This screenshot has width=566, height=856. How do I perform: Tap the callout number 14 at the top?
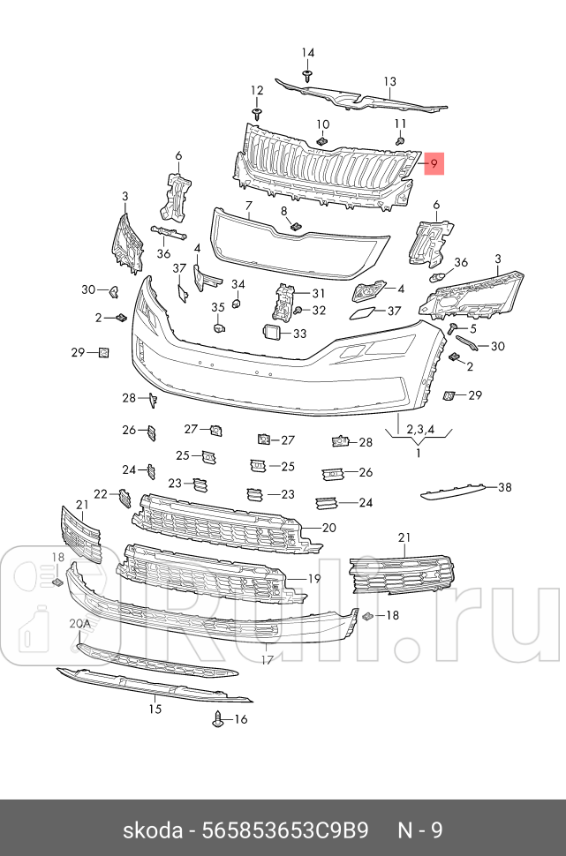pyautogui.click(x=308, y=52)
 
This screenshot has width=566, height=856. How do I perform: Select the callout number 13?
pyautogui.click(x=389, y=82)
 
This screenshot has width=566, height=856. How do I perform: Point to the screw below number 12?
pyautogui.click(x=257, y=114)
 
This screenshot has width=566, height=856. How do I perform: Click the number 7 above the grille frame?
pyautogui.click(x=249, y=204)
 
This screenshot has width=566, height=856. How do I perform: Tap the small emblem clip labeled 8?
pyautogui.click(x=296, y=226)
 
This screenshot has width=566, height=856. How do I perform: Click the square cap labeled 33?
pyautogui.click(x=271, y=333)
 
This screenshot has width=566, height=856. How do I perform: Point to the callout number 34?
pyautogui.click(x=238, y=283)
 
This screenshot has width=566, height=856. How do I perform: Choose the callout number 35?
pyautogui.click(x=217, y=307)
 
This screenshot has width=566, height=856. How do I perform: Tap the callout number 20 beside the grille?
pyautogui.click(x=329, y=528)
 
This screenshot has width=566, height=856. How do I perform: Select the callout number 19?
pyautogui.click(x=313, y=579)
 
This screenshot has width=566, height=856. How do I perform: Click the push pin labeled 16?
pyautogui.click(x=218, y=718)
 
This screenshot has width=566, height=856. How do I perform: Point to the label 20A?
pyautogui.click(x=80, y=623)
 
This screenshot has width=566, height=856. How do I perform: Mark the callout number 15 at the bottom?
pyautogui.click(x=155, y=708)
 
